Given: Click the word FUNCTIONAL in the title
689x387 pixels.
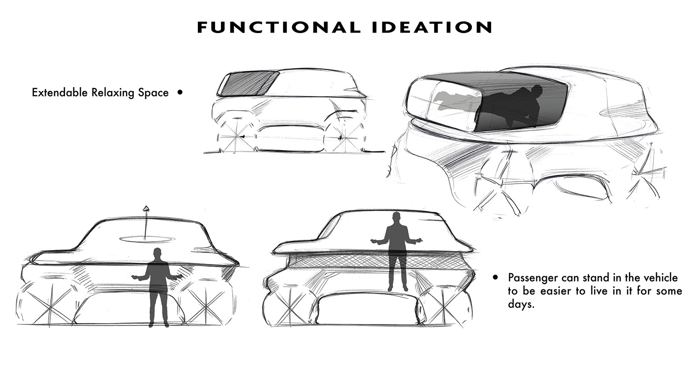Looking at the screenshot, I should (278, 28).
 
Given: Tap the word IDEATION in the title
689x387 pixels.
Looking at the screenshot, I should (432, 28).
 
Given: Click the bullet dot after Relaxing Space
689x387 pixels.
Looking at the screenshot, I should (180, 92).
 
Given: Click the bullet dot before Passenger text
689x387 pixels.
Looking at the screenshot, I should (496, 278).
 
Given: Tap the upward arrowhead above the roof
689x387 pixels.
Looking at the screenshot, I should (145, 209).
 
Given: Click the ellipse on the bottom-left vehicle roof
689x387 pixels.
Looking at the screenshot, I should (146, 240).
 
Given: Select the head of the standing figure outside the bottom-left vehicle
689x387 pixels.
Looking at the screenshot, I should (157, 254).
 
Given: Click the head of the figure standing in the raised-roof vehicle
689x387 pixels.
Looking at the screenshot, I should (396, 217).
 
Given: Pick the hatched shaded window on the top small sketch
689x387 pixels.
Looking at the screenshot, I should (247, 83).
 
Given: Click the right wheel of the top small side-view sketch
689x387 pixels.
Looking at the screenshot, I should (344, 136).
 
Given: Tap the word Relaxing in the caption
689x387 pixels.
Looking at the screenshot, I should (112, 93).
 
